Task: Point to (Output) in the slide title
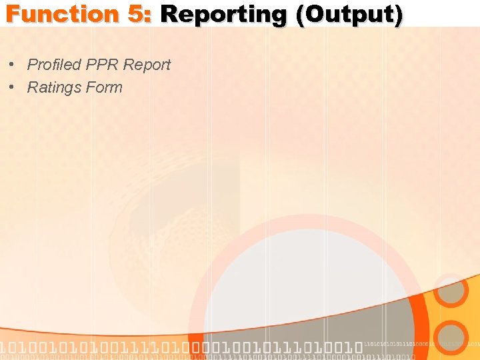coord(349,15)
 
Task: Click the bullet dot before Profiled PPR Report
coord(13,65)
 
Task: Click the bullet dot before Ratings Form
coord(13,88)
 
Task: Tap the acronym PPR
coord(102,65)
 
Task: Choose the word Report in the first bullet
coord(147,65)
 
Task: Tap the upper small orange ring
coord(451,291)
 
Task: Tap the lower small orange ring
coord(451,337)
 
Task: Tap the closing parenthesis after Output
coord(398,15)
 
